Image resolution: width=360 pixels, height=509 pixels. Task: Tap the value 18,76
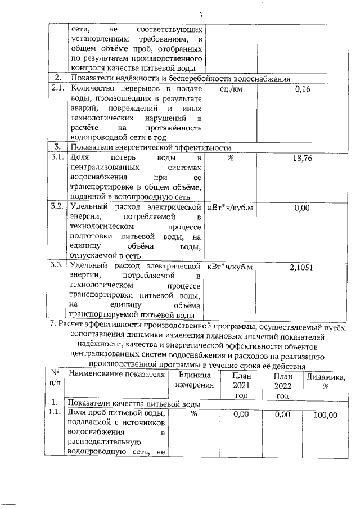(303, 159)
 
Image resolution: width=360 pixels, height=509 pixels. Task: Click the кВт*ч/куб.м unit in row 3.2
(230, 207)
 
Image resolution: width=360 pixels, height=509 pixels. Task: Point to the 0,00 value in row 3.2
(303, 208)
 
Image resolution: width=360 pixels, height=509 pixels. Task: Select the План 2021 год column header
(240, 386)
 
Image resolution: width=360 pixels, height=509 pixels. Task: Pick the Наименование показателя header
(115, 375)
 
